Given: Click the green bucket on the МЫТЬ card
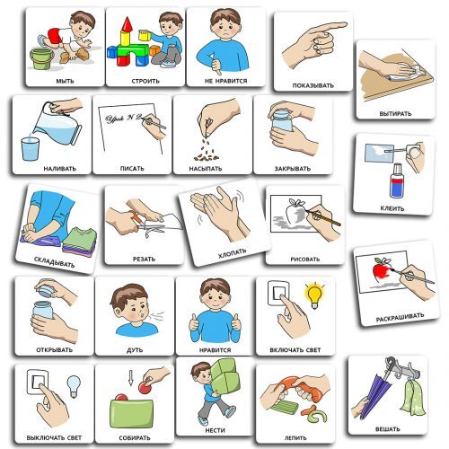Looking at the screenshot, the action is pos(41,58).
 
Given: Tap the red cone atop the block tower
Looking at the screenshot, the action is pos(128,24).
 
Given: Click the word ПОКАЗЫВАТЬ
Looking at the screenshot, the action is pos(313,85).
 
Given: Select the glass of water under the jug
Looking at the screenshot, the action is pos(31,149).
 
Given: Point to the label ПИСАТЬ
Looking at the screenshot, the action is pos(132,169).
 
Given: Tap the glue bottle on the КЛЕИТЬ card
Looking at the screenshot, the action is pos(397,180).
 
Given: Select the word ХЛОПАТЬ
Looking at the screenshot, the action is pos(233,253).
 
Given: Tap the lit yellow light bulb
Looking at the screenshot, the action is pos(314,295).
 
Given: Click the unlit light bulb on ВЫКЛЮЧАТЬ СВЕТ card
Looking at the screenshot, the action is pos(74,386).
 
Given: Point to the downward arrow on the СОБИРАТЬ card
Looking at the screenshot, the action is pos(131,378).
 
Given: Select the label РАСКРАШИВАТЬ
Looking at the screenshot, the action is pos(400,317).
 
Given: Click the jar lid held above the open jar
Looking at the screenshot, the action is pos(45,290).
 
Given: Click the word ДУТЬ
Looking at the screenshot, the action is pos(135,349).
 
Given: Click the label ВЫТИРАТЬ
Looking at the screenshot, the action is pos(395,114).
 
